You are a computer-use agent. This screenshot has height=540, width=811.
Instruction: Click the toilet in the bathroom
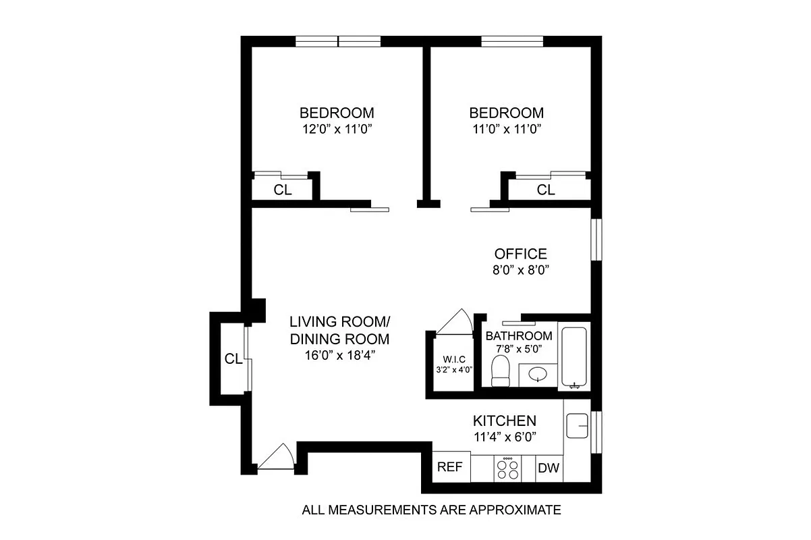tap(500, 372)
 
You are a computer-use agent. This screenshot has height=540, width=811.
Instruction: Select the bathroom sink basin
tap(537, 374)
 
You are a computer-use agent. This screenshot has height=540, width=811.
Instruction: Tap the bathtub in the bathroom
tap(575, 358)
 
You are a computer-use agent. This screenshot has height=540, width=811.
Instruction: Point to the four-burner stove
tap(507, 468)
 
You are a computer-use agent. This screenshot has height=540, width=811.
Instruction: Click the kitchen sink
tap(578, 426)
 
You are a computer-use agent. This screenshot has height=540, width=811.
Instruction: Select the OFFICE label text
tap(520, 254)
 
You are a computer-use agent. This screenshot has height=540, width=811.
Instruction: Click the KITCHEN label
tap(505, 421)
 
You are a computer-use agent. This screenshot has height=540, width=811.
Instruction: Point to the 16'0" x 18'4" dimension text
tap(339, 355)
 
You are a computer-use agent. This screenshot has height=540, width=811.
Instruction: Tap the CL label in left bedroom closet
tap(283, 190)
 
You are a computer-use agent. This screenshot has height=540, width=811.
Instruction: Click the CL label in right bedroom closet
tap(546, 190)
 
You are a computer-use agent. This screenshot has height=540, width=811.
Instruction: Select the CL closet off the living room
tap(233, 359)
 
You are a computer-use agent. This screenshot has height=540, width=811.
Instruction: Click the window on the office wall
tap(596, 239)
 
